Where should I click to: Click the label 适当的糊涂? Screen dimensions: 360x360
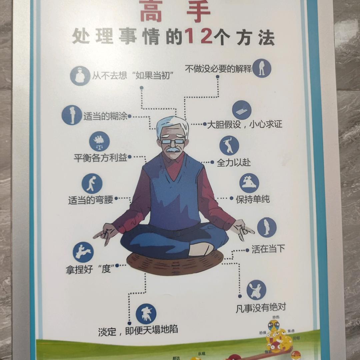(x=106, y=117)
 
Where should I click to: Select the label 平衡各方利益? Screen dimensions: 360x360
(x=101, y=158)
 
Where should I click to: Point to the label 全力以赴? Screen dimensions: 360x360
(x=234, y=163)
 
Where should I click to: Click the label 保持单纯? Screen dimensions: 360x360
(x=253, y=199)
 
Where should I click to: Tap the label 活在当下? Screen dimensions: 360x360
(x=268, y=249)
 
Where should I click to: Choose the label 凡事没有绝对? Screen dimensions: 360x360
(x=261, y=307)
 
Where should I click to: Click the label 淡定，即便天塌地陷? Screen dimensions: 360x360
(x=138, y=331)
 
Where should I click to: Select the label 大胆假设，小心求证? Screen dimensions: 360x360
(x=245, y=125)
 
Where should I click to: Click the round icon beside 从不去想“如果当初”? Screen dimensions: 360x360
(x=80, y=76)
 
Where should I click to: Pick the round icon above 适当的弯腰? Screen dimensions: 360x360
(x=92, y=184)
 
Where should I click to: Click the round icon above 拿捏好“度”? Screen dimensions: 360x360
(x=83, y=252)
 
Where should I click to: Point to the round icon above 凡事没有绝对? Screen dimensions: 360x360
(x=256, y=290)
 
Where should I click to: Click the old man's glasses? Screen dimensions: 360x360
(x=172, y=141)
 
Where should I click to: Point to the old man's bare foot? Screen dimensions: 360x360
(x=201, y=249)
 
